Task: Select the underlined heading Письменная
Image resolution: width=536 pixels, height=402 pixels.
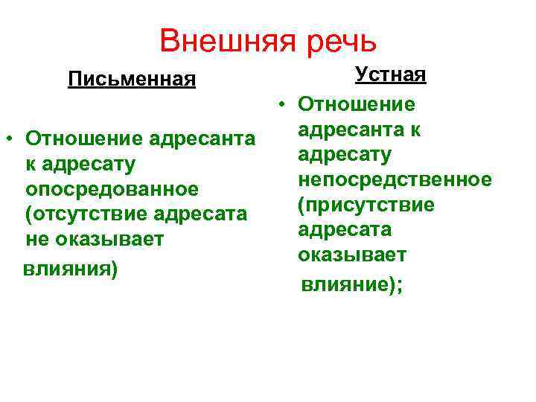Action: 132,79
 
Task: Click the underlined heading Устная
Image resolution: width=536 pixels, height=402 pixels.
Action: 391,74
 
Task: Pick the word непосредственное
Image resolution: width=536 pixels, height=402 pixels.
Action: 394,179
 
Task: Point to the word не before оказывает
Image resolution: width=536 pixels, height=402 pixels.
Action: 36,240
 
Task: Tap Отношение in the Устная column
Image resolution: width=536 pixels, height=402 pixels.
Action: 357,105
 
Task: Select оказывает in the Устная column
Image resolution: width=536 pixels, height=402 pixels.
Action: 351,255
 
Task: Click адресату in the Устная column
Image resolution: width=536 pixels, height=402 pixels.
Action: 344,155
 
